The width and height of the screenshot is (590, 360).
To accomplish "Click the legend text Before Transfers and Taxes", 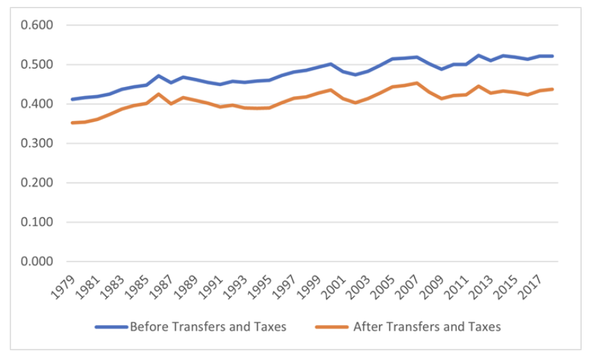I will coord(207,327).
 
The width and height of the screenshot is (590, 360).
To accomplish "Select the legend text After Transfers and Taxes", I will coord(427,327).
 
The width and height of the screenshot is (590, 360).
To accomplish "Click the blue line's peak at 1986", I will coord(158,76).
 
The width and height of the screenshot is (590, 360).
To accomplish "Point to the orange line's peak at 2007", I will coord(416,83).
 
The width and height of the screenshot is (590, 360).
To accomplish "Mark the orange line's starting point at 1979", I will coord(73,123).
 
